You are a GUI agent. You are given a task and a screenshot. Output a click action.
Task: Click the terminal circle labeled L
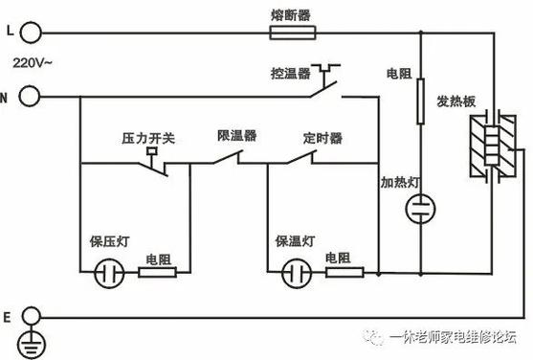click(x=29, y=34)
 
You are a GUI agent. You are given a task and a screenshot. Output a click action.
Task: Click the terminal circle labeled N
click(x=29, y=96)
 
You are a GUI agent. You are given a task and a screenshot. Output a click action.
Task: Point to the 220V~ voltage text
click(x=31, y=64)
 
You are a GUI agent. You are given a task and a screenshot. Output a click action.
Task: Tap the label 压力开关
click(x=147, y=139)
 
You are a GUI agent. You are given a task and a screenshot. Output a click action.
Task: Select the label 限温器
click(x=236, y=137)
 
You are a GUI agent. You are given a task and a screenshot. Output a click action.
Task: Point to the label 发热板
click(x=456, y=101)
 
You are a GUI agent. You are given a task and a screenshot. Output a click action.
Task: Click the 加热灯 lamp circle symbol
click(x=420, y=209)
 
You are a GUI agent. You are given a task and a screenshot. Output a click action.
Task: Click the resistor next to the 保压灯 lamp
click(x=157, y=273)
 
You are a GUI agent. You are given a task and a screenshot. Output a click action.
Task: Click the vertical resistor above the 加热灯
click(x=420, y=101)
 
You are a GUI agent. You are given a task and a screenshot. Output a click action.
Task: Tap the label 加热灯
click(x=398, y=182)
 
